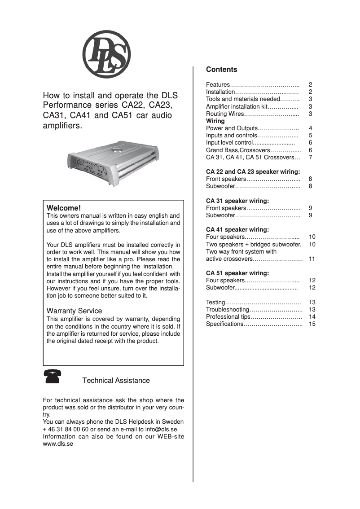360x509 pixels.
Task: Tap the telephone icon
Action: pyautogui.click(x=53, y=376)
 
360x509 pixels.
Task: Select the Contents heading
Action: pyautogui.click(x=221, y=70)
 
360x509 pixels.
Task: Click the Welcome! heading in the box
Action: pyautogui.click(x=64, y=208)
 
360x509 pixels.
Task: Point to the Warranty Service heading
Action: pyautogui.click(x=74, y=311)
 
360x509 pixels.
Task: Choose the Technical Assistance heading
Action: pyautogui.click(x=116, y=381)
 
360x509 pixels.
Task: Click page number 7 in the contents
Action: pyautogui.click(x=311, y=158)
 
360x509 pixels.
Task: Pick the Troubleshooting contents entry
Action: pyautogui.click(x=227, y=310)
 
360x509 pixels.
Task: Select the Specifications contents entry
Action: pyautogui.click(x=224, y=324)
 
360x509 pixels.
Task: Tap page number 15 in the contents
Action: pyautogui.click(x=312, y=324)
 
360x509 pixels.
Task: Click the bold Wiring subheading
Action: pyautogui.click(x=215, y=121)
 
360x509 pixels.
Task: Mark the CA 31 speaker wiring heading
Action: pyautogui.click(x=237, y=201)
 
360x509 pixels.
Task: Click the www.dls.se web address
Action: pyautogui.click(x=58, y=443)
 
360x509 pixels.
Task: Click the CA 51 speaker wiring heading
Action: pyautogui.click(x=237, y=273)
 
